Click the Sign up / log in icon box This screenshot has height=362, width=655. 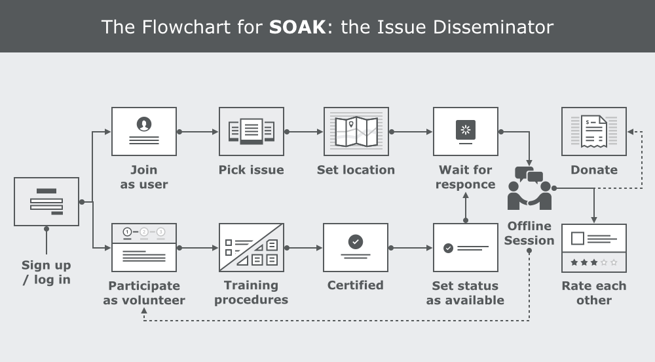[47, 201]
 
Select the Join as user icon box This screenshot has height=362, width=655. [144, 131]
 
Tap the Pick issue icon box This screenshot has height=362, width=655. [252, 131]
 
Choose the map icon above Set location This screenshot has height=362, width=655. [356, 131]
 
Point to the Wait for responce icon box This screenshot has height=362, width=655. [466, 131]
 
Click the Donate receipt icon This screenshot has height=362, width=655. [594, 131]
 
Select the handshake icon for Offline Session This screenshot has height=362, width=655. [530, 190]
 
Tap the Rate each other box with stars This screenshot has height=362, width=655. [594, 247]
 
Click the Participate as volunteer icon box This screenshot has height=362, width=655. [144, 247]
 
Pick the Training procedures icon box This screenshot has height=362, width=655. [252, 247]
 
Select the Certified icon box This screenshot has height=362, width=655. [356, 247]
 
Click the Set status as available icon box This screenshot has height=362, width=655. [466, 247]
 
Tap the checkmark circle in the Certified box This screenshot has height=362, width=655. [356, 242]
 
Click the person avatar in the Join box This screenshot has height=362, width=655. [144, 123]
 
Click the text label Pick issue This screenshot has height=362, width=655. [252, 170]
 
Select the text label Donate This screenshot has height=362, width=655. [594, 170]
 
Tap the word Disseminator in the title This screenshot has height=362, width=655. [498, 27]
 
